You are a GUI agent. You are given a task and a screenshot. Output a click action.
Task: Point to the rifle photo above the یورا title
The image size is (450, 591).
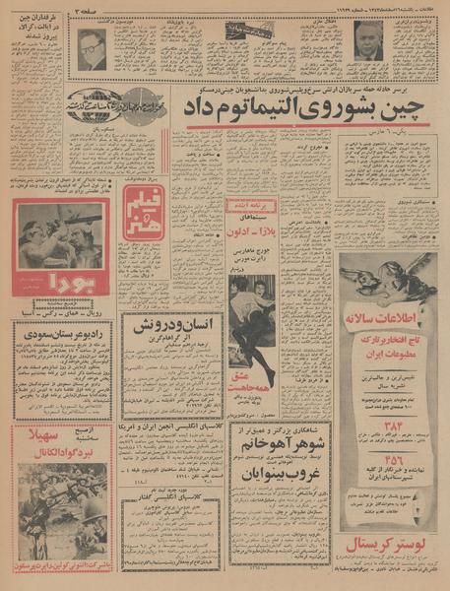pyautogui.click(x=61, y=234)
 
